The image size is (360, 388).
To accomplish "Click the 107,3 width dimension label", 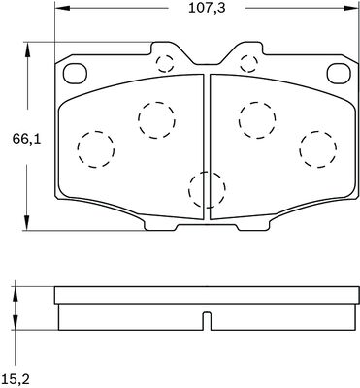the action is point(207,8).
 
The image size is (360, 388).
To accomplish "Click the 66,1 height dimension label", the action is point(27,140).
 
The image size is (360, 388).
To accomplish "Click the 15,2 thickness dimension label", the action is point(16,377).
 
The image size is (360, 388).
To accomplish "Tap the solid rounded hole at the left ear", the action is point(75,74).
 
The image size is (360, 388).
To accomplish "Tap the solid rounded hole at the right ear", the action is point(339,74).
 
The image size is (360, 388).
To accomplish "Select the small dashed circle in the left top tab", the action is point(165,64).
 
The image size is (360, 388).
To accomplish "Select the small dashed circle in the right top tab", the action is point(249,64).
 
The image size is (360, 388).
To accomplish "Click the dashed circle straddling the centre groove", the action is point(207,189).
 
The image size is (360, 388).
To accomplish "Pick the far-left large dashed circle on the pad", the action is point(96,149).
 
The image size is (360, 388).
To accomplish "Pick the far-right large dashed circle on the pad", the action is point(318,149).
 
